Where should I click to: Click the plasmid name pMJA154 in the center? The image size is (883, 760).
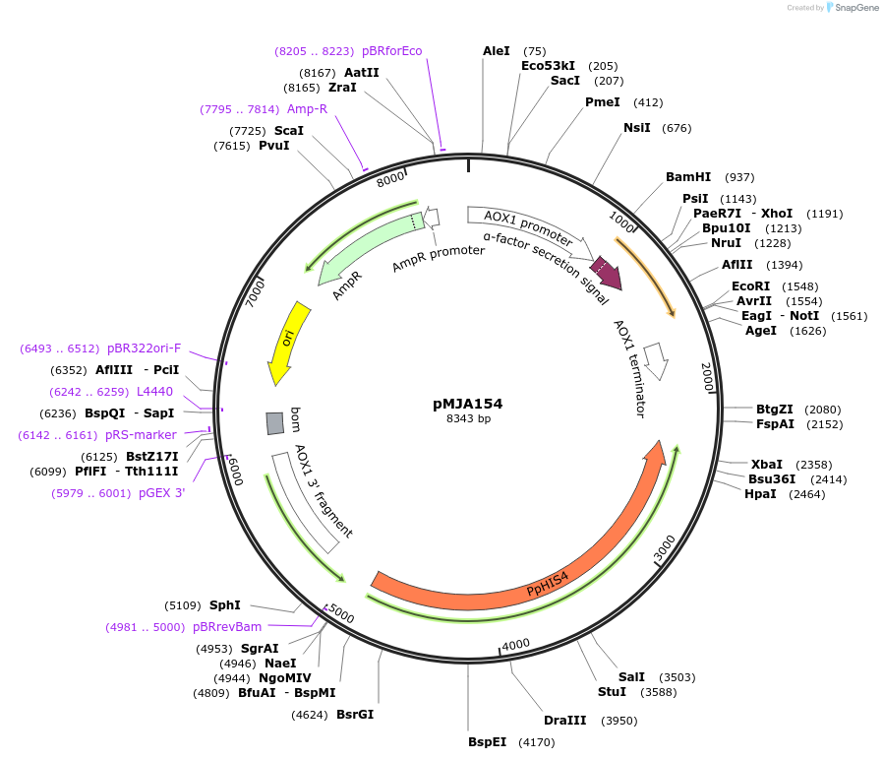[x=467, y=404]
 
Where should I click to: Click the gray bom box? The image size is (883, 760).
[x=275, y=423]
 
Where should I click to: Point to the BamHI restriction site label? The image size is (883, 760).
[x=688, y=177]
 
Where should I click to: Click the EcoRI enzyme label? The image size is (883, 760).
[x=751, y=285]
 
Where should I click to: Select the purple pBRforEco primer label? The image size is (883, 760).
[x=391, y=50]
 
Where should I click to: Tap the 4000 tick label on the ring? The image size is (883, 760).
[x=516, y=645]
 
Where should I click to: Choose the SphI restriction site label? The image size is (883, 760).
[x=225, y=605]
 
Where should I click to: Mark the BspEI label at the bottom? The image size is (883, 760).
[x=488, y=741]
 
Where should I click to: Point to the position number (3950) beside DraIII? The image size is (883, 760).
[x=619, y=721]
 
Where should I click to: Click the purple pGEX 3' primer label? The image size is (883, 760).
[x=161, y=493]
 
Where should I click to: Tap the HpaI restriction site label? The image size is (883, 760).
[x=760, y=493]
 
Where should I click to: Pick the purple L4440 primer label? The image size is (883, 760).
[x=154, y=391]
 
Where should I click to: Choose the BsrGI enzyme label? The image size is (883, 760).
[x=355, y=714]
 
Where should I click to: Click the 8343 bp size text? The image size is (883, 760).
[x=467, y=419]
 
